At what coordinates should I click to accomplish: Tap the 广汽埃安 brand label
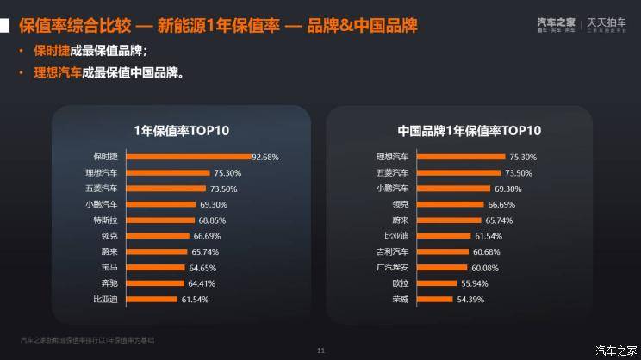click(x=393, y=268)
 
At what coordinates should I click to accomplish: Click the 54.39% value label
click(x=470, y=299)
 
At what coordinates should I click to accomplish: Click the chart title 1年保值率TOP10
click(x=182, y=131)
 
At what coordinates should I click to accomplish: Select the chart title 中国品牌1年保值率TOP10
click(x=469, y=131)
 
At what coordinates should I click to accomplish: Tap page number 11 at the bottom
click(x=320, y=350)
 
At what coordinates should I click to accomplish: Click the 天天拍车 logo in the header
click(x=608, y=22)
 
